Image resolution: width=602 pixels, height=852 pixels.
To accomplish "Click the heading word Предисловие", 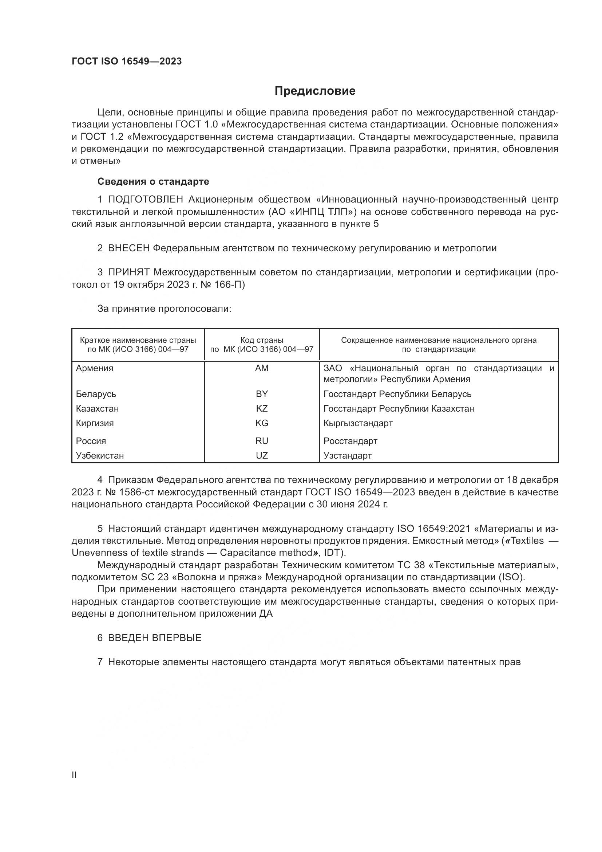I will point(315,91).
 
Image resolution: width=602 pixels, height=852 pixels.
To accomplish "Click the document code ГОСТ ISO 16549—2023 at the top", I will point(127,62).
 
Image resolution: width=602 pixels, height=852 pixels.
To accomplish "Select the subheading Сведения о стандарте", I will point(153,181).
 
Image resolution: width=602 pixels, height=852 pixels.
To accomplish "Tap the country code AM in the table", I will point(262,368).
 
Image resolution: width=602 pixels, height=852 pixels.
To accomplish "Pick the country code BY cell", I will point(262,394).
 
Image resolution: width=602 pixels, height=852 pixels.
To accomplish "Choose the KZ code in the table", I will point(262,409).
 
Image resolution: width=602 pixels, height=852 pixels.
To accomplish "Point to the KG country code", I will point(262,423).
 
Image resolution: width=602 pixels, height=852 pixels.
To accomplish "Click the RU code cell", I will point(262,441).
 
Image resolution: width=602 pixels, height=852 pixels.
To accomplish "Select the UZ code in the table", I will point(262,455).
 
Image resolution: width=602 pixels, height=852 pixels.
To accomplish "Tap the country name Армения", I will point(95,368).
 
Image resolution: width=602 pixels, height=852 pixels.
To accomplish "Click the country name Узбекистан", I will point(100,455).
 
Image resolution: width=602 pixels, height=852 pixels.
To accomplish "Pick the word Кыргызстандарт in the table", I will point(358,423).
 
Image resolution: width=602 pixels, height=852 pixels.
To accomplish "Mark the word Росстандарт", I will point(350,441).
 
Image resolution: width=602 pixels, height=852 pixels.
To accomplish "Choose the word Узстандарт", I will point(347,455).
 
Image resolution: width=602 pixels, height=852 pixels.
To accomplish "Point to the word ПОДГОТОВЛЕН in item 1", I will point(145,200).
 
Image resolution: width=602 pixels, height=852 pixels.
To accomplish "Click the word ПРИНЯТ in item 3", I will point(128,272).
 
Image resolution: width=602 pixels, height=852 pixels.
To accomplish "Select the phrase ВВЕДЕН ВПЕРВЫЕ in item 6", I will point(155,638).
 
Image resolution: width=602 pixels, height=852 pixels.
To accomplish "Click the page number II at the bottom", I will point(74,775).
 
